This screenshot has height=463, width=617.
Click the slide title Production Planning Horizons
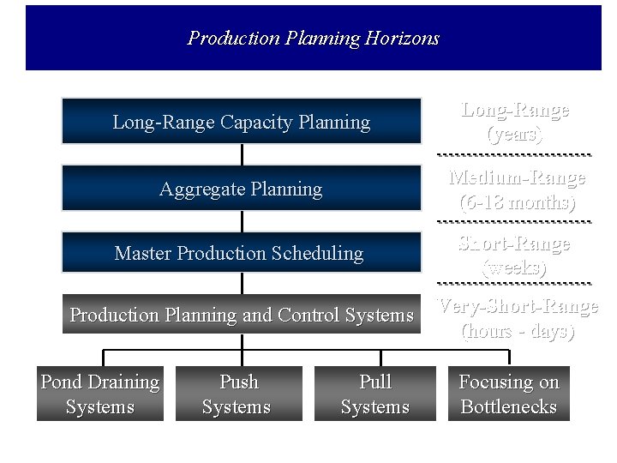[x=313, y=39]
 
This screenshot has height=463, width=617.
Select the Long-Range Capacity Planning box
[x=242, y=122]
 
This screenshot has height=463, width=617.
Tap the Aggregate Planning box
[x=242, y=189]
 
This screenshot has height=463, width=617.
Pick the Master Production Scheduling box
[x=242, y=253]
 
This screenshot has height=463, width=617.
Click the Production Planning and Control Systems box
[x=242, y=315]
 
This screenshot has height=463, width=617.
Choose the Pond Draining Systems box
[x=100, y=394]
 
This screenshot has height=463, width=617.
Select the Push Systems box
[x=239, y=394]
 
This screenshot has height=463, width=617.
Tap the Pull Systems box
[x=375, y=394]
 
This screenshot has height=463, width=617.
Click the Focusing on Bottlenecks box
[x=509, y=394]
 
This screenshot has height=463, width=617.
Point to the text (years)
[x=514, y=135]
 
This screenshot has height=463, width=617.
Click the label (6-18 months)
[x=517, y=203]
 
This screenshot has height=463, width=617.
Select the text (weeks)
[x=514, y=268]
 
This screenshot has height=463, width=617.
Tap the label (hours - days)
[x=518, y=331]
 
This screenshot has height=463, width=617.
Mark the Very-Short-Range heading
[x=518, y=306]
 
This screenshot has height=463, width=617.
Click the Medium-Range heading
[x=518, y=178]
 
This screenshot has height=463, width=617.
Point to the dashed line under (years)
[x=514, y=154]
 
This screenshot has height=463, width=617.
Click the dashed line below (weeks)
[x=514, y=283]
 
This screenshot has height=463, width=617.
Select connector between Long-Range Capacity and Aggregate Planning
[x=243, y=154]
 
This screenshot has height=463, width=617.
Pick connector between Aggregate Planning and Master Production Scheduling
[x=243, y=221]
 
